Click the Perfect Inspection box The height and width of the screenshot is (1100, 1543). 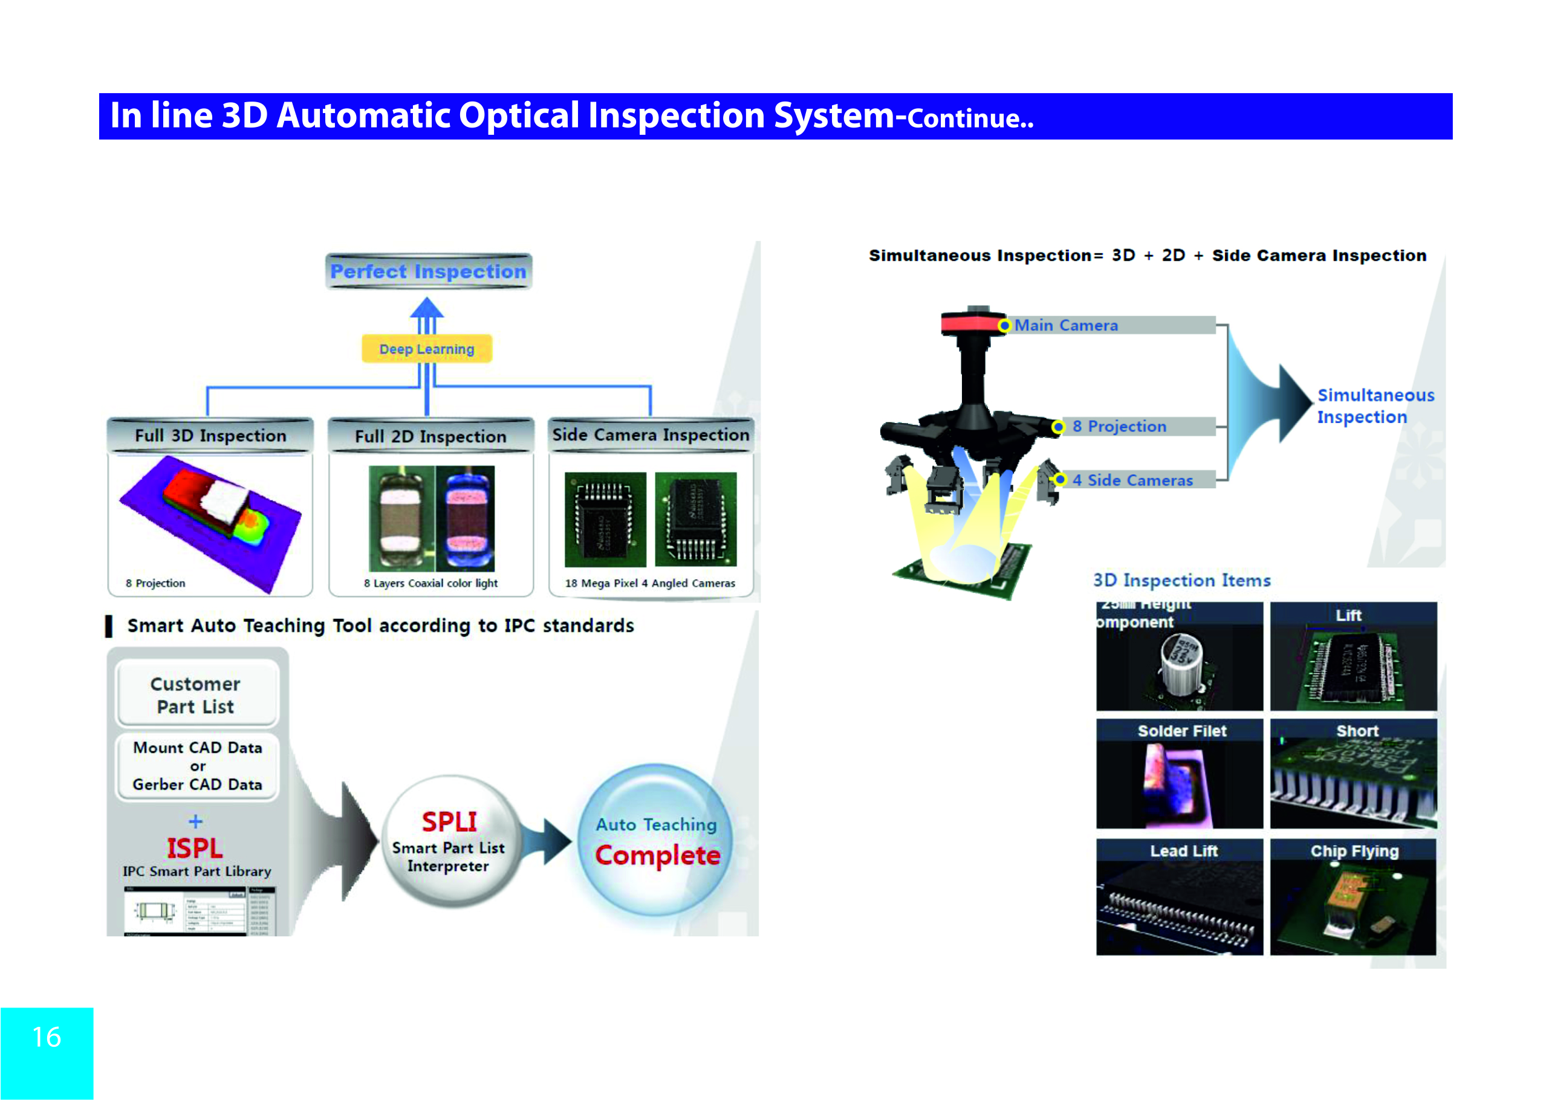pyautogui.click(x=427, y=271)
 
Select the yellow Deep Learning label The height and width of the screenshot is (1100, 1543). pyautogui.click(x=426, y=349)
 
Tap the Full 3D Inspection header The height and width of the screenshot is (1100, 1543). pyautogui.click(x=210, y=435)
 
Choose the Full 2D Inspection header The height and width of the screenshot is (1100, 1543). pyautogui.click(x=430, y=436)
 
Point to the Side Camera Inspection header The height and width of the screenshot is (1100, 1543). pyautogui.click(x=651, y=434)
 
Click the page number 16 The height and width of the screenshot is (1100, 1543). pyautogui.click(x=47, y=1037)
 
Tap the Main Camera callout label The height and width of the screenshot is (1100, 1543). pyautogui.click(x=1066, y=326)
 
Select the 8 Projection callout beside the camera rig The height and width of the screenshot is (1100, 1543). pyautogui.click(x=1119, y=427)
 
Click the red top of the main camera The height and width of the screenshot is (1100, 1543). pyautogui.click(x=971, y=322)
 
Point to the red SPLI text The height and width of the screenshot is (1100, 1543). pyautogui.click(x=449, y=821)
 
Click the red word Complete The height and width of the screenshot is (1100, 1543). pyautogui.click(x=657, y=855)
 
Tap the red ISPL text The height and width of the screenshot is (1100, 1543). pyautogui.click(x=195, y=848)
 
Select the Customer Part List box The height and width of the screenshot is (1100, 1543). pyautogui.click(x=196, y=695)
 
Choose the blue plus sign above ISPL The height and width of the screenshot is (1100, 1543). pyautogui.click(x=195, y=821)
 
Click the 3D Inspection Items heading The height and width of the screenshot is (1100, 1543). pyautogui.click(x=1182, y=580)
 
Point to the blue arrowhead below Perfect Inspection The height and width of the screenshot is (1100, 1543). pyautogui.click(x=427, y=308)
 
